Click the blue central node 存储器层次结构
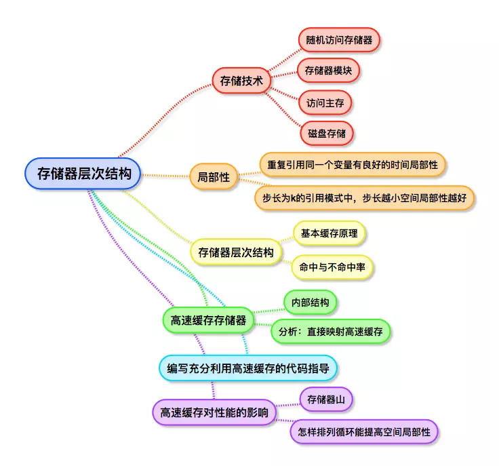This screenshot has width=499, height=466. tap(83, 174)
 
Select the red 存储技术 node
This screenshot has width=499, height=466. tap(241, 81)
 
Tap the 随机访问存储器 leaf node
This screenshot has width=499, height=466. tap(339, 39)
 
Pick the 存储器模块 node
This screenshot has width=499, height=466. tap(328, 71)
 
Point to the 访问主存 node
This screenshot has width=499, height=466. tap(325, 103)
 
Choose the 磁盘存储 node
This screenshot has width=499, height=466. tap(327, 134)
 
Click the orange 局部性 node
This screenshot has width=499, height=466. tap(214, 177)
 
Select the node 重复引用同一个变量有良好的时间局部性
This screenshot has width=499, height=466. tap(353, 165)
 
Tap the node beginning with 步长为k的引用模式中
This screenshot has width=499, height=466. tap(365, 197)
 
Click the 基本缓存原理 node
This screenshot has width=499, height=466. tap(330, 234)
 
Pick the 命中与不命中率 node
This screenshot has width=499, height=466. tap(332, 267)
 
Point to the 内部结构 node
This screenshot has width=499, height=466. tap(310, 303)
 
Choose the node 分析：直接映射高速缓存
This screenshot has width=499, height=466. tap(331, 332)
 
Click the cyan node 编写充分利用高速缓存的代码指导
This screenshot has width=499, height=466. tap(248, 368)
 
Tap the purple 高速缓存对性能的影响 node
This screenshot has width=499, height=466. tap(214, 412)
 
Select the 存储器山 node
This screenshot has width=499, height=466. tap(326, 400)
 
